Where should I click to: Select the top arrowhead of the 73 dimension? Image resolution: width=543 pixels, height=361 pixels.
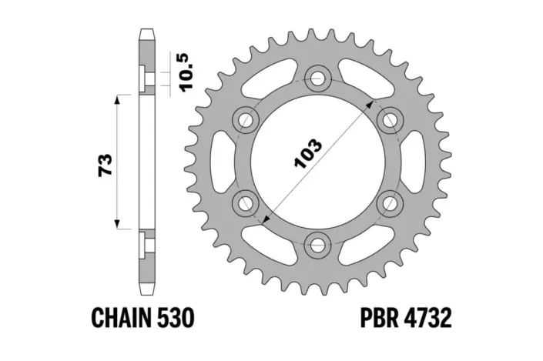coord(117,99)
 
